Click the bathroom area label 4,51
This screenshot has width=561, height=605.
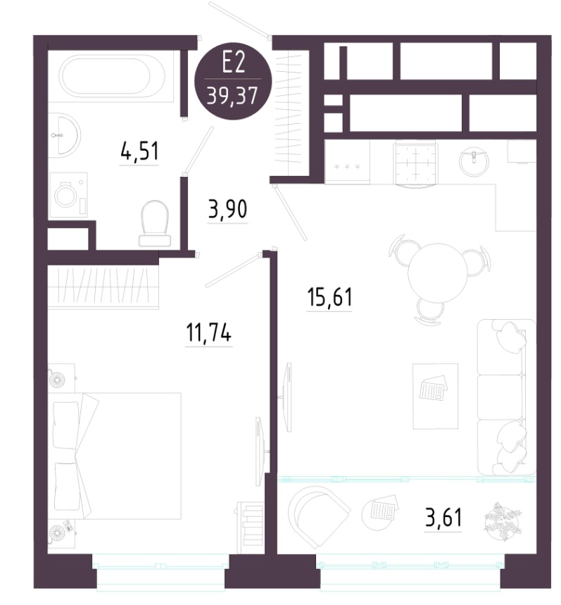pyautogui.click(x=139, y=151)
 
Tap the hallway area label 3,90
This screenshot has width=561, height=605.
pyautogui.click(x=227, y=209)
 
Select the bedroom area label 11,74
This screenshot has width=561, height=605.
pyautogui.click(x=208, y=332)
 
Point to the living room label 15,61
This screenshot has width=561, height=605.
pyautogui.click(x=329, y=297)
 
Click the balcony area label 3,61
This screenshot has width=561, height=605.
pyautogui.click(x=443, y=518)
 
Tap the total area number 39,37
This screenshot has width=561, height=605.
pyautogui.click(x=232, y=96)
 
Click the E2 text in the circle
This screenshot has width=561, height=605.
pyautogui.click(x=234, y=63)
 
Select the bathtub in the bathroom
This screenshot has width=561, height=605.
pyautogui.click(x=111, y=76)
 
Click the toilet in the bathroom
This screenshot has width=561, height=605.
pyautogui.click(x=155, y=223)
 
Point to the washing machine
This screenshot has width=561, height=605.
pyautogui.click(x=69, y=195)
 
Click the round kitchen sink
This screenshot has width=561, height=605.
pyautogui.click(x=474, y=161)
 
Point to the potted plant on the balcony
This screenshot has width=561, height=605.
pyautogui.click(x=502, y=522)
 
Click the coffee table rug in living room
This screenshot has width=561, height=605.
pyautogui.click(x=435, y=396)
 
